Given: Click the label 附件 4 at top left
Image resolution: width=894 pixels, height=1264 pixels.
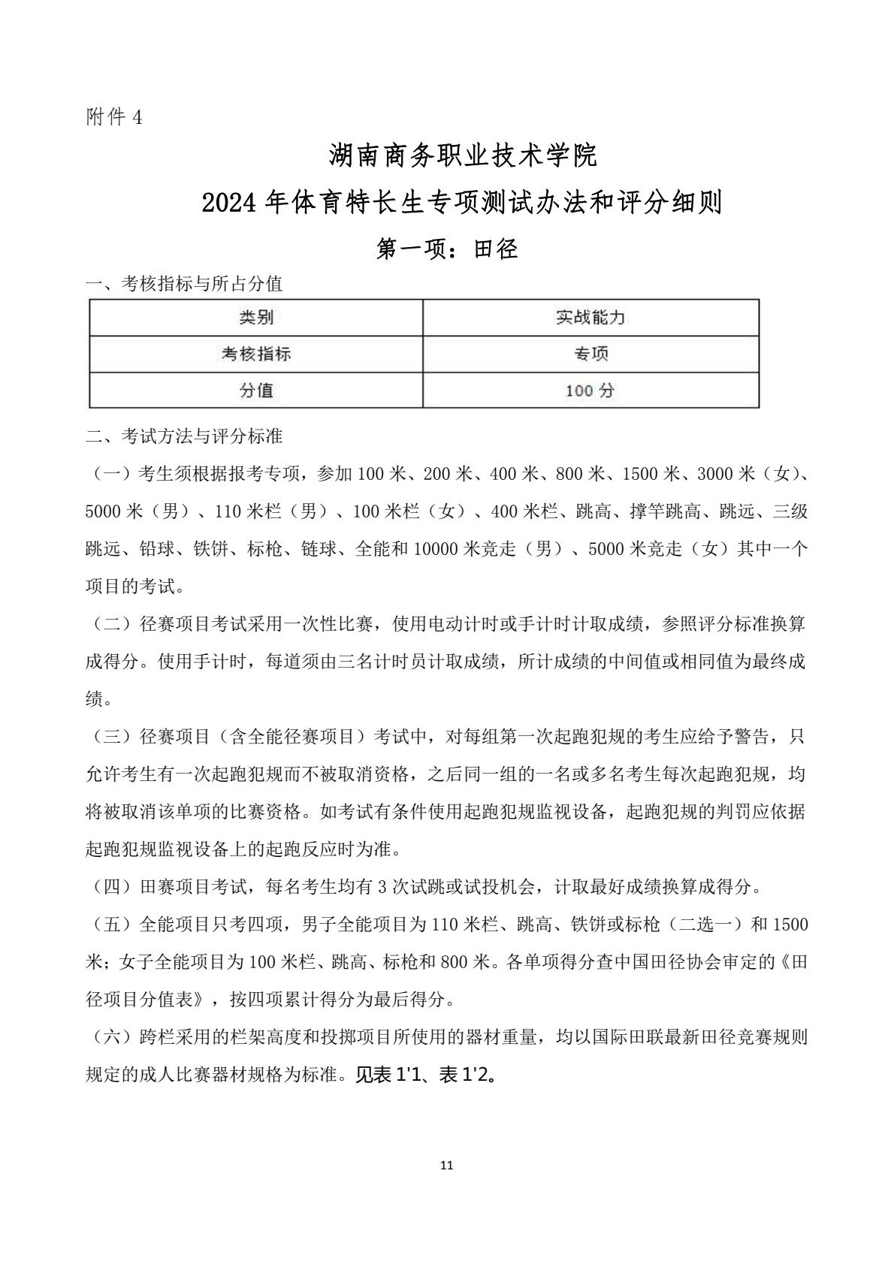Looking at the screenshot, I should pos(113,117).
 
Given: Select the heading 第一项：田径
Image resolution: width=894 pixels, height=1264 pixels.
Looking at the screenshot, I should pos(447,249).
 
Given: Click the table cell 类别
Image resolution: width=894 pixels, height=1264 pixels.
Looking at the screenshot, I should pos(255,318).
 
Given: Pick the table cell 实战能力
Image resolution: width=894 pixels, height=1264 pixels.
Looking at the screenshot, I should pos(590,318).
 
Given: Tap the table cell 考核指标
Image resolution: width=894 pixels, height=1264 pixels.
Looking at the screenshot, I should pos(255,354).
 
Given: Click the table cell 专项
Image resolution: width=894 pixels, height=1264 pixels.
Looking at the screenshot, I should pos(590,354).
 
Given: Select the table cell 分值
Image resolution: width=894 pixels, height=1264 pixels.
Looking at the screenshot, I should pos(255,390).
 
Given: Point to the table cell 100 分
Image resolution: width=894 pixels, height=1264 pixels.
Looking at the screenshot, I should pos(590,391).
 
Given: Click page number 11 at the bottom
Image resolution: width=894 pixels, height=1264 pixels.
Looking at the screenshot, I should pos(447,1166).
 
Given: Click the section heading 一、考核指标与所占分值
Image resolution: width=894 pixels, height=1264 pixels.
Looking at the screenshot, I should pos(185,284).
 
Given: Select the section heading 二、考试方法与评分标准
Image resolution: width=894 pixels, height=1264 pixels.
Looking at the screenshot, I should pos(185,436).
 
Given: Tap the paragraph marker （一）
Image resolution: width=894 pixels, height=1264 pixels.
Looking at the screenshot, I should pos(111,474).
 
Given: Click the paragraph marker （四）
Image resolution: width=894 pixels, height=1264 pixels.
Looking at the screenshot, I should pos(111,887).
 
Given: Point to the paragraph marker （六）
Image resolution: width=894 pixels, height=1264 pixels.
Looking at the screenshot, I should pos(111,1037).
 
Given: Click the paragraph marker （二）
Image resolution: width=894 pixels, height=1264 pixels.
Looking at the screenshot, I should pos(111,624).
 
